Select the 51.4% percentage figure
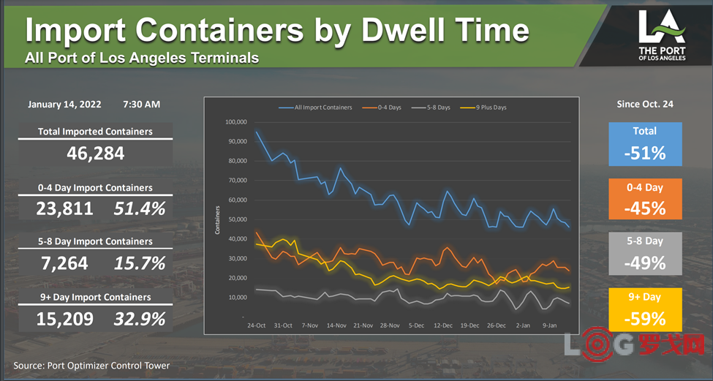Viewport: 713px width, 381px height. (x=140, y=209)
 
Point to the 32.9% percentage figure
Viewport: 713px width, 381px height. (x=140, y=319)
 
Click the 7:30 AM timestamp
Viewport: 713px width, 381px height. (x=142, y=105)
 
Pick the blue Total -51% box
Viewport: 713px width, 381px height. (x=645, y=143)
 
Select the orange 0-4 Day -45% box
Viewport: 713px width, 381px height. (x=645, y=199)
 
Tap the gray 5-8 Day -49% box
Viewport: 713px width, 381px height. (x=645, y=253)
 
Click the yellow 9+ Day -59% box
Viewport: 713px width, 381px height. (x=645, y=309)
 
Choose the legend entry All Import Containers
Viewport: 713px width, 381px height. (x=322, y=107)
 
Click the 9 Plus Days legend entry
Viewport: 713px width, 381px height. (x=489, y=107)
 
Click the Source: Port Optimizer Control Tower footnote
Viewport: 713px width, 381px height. (x=91, y=365)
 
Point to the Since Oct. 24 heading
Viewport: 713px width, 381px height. (x=645, y=105)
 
